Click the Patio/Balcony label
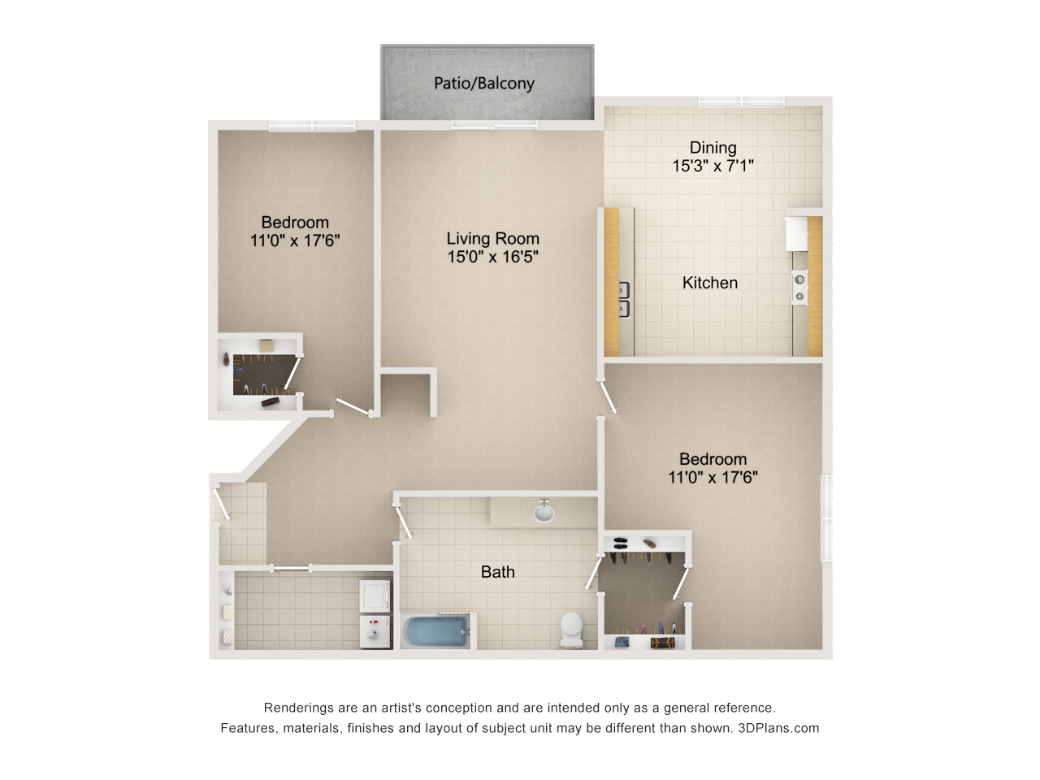483,84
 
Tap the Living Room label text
492,238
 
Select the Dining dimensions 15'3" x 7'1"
713,166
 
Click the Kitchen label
710,283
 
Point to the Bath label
497,572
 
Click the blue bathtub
436,630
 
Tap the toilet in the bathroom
571,630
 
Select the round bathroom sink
544,513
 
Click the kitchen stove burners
799,288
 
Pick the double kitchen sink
624,299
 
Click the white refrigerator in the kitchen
797,233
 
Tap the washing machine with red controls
375,631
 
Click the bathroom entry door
403,521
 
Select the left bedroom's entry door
353,407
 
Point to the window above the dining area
741,102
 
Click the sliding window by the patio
494,125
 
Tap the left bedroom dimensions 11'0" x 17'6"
295,240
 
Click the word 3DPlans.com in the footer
778,728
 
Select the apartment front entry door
221,502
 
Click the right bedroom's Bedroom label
713,459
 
